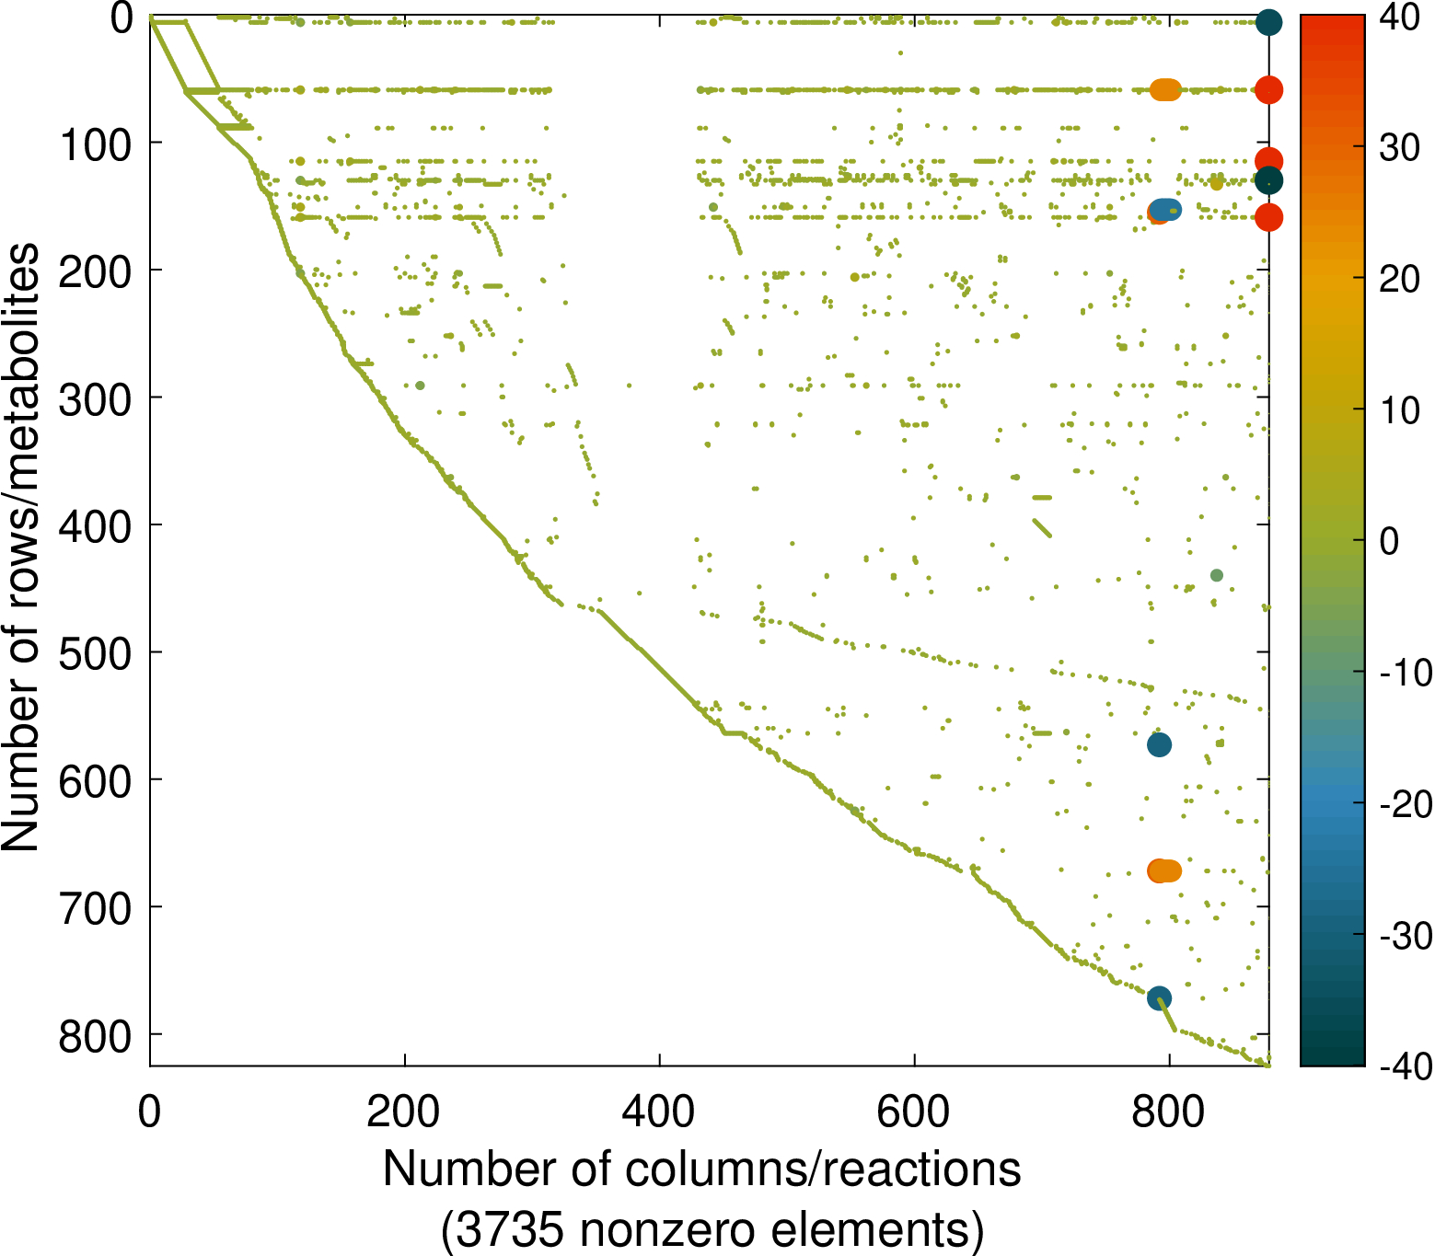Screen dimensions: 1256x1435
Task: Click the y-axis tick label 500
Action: point(95,652)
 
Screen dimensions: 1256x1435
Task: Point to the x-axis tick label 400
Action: point(658,1112)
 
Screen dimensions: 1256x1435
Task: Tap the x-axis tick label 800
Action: point(1168,1112)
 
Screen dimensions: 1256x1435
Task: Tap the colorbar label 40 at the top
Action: point(1399,19)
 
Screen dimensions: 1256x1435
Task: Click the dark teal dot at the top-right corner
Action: point(1268,22)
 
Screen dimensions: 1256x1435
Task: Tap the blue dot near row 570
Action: point(1159,744)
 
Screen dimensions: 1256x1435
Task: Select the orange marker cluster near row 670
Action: point(1164,870)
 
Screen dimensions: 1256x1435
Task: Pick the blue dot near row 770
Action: point(1159,997)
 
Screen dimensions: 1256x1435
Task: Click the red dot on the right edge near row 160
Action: point(1268,217)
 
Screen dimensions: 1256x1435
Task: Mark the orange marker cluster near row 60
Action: point(1165,90)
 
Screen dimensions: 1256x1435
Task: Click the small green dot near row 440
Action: point(1216,575)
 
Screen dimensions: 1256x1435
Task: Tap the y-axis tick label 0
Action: point(122,19)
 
